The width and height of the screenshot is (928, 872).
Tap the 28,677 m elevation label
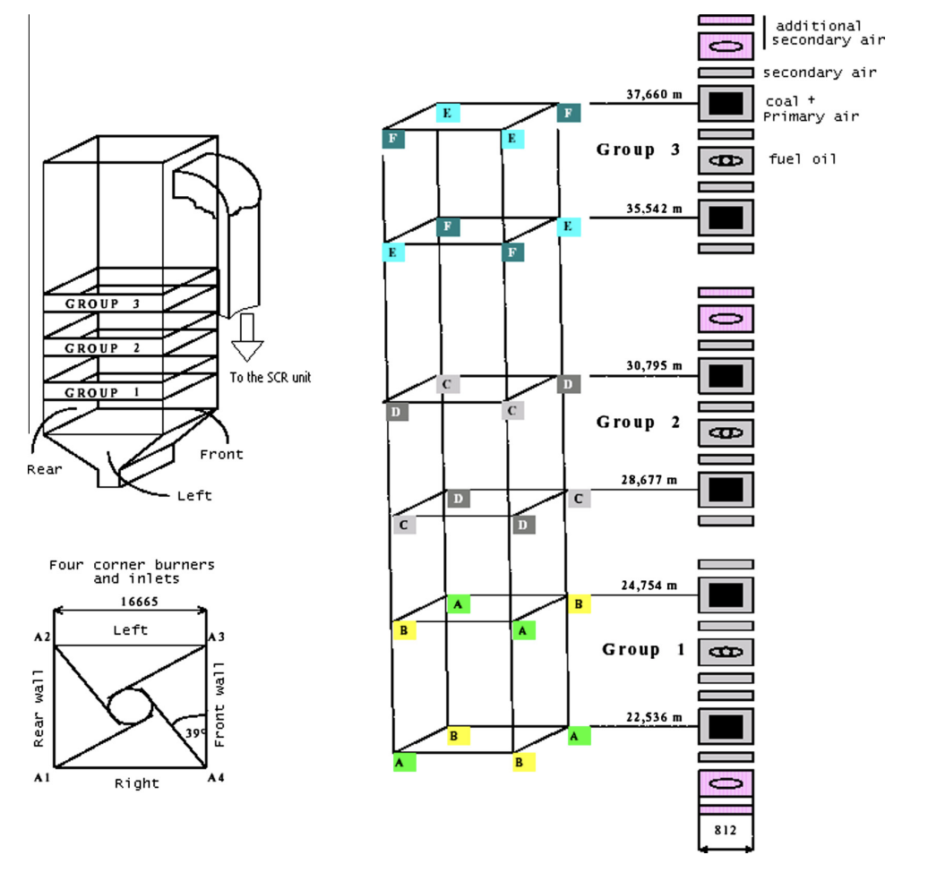point(649,480)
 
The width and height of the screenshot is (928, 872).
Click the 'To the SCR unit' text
point(270,377)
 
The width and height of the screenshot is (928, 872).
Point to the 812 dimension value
point(725,830)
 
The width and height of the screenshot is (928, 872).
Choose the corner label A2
point(42,637)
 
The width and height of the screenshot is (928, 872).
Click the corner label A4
point(215,778)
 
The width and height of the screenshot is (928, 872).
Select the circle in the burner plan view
point(131,705)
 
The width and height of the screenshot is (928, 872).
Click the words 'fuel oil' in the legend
point(803,159)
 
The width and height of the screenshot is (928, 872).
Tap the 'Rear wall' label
point(39,705)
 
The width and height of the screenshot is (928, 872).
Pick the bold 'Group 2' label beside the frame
point(638,422)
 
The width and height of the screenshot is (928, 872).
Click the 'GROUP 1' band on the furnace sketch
point(103,393)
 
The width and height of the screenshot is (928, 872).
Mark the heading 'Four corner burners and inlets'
point(131,572)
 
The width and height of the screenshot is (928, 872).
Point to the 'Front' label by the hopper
point(221,454)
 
